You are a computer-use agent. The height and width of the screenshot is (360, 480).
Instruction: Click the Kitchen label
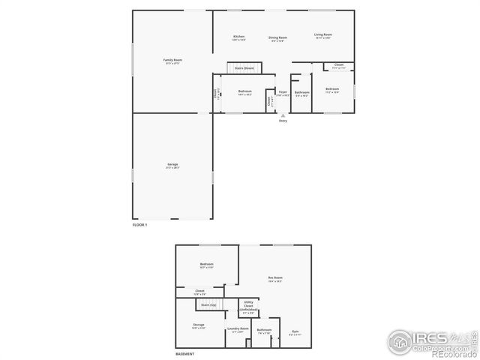[239, 37]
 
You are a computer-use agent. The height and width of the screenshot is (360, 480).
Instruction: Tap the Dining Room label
[277, 37]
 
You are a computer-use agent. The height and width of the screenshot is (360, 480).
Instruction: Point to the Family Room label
[173, 60]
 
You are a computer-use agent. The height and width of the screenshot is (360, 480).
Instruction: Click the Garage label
[172, 164]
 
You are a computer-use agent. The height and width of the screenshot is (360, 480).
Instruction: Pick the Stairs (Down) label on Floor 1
[244, 68]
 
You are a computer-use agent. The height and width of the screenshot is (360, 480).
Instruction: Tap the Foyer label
[283, 91]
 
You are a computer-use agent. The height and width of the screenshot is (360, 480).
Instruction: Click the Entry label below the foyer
[283, 121]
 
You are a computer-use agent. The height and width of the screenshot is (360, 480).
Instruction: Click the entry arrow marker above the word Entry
[283, 115]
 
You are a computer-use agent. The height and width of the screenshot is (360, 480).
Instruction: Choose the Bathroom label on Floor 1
[301, 92]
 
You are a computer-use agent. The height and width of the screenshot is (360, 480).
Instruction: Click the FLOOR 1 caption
[140, 225]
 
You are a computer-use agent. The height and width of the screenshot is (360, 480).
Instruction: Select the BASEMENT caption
[185, 354]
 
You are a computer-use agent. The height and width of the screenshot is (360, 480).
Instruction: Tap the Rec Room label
[275, 278]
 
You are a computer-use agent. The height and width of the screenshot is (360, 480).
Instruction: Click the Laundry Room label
[237, 328]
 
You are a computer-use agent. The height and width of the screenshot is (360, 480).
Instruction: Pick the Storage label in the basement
[199, 325]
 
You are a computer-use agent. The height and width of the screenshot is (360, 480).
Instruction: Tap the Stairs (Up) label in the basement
[208, 305]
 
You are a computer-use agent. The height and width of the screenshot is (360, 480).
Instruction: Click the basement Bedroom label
[207, 264]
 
